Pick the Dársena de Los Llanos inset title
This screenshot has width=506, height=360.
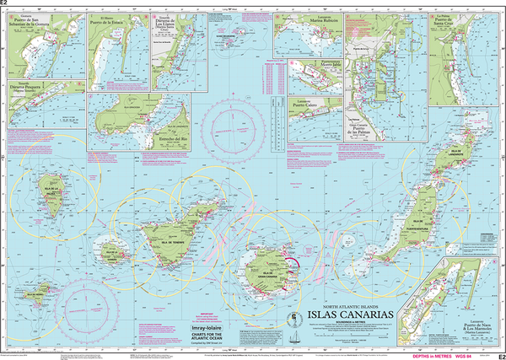pos(165,24)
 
